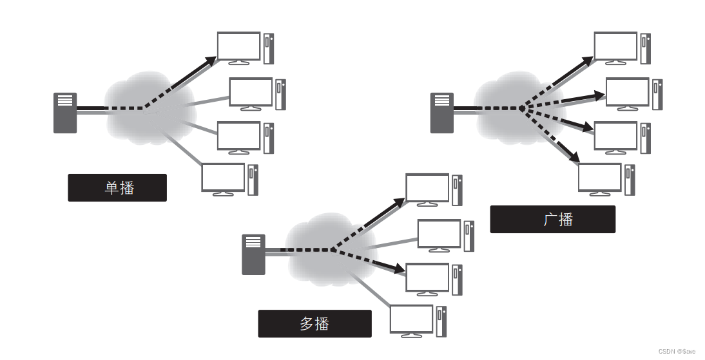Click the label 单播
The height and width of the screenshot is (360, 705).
point(117,188)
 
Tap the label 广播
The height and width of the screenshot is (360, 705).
point(552,219)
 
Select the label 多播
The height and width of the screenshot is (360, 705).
point(314,323)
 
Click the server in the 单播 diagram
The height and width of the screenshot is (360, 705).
point(64,113)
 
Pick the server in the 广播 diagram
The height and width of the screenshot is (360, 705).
point(441,113)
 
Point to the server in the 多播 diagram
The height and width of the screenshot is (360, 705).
point(253,254)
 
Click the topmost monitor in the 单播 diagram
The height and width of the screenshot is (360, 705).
point(238,47)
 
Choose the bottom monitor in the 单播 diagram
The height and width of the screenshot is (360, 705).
point(223,178)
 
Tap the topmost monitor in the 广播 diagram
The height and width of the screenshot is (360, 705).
point(615,47)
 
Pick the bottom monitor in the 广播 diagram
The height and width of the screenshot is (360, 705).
point(599,178)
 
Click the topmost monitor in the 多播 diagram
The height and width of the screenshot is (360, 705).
point(427,189)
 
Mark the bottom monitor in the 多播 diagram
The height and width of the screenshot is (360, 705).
point(411,320)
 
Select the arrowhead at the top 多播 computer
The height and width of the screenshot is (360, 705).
point(400,202)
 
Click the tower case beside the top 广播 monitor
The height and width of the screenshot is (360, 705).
point(645,48)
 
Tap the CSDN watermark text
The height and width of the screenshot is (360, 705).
point(677,351)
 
